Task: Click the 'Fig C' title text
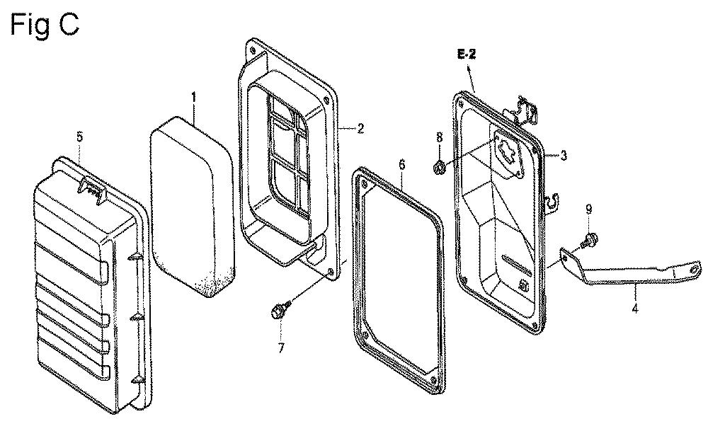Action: [44, 25]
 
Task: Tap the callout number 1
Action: [194, 97]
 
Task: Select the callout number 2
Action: [360, 129]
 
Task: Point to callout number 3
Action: [563, 155]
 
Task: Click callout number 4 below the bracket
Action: [635, 309]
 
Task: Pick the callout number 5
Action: [79, 137]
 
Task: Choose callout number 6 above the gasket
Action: [402, 164]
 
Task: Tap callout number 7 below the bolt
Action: [281, 348]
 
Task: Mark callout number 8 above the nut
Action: [439, 137]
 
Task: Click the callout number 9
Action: [588, 209]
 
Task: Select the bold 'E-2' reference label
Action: [467, 55]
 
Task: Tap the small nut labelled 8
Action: [438, 168]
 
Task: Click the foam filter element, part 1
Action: [192, 207]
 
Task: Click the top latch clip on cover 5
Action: [93, 188]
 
